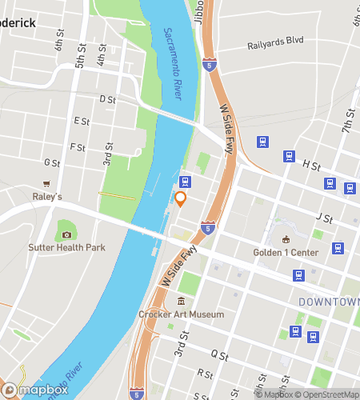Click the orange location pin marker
pyautogui.click(x=181, y=199)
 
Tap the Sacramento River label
pyautogui.click(x=172, y=64)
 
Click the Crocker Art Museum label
pyautogui.click(x=181, y=315)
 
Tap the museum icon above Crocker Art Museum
pyautogui.click(x=181, y=302)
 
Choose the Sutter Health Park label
pyautogui.click(x=67, y=248)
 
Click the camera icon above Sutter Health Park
pyautogui.click(x=66, y=234)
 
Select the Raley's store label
pyautogui.click(x=47, y=196)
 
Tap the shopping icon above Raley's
pyautogui.click(x=47, y=183)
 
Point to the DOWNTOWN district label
pyautogui.click(x=329, y=302)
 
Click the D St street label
pyautogui.click(x=107, y=99)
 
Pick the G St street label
pyautogui.click(x=52, y=162)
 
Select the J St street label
pyautogui.click(x=324, y=217)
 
